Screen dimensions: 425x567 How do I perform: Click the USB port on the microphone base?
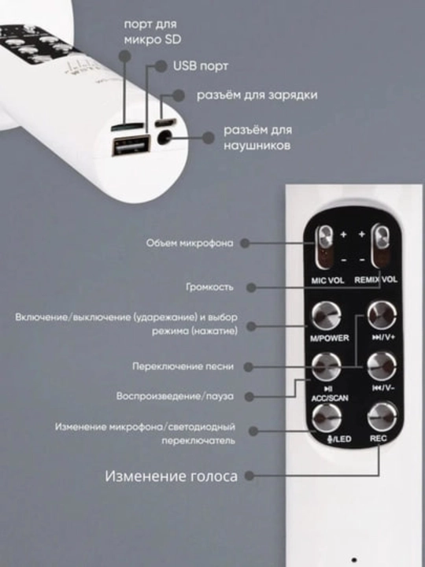coord(131,145)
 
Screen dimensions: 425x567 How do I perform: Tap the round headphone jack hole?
coord(164,138)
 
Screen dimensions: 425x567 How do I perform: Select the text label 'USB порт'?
coord(201,66)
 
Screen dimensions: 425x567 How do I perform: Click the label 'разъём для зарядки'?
coord(257,94)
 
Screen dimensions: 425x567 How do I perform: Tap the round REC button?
coord(382,417)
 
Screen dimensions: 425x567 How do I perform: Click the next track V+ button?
coord(382,315)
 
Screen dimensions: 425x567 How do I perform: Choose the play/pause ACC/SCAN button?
coord(327,367)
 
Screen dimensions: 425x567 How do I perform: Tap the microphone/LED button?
coord(327,418)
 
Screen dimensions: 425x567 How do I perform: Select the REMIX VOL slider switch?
coord(382,247)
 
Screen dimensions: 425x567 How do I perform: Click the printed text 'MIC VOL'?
coord(327,280)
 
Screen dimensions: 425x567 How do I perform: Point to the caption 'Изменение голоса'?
coord(172,476)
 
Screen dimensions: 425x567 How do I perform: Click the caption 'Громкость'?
coord(209,287)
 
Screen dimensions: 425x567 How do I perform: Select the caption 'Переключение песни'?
coord(183,366)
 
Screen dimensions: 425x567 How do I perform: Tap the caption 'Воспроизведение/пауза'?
coord(175,396)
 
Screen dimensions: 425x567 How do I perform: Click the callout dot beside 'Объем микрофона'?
coord(245,243)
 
